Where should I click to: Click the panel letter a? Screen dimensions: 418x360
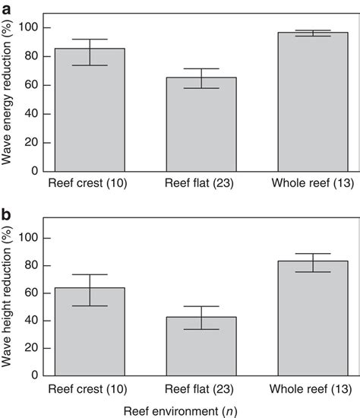(x=6, y=7)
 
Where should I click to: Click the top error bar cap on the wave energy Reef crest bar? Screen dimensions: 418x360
(x=90, y=40)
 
